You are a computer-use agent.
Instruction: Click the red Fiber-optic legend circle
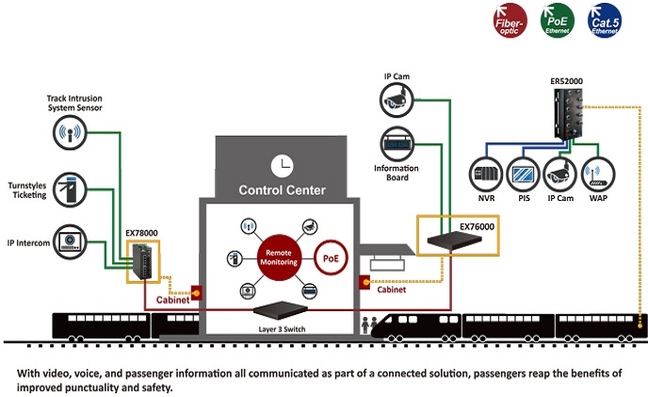coord(511,21)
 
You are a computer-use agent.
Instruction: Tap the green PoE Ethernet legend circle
coord(558,21)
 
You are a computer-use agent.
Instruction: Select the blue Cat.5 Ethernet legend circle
coord(604,21)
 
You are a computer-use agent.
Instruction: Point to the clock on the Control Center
coord(281,166)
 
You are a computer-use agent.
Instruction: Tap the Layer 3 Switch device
coord(283,310)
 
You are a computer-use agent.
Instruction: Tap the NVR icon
coord(485,174)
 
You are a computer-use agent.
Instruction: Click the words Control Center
coord(282,190)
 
